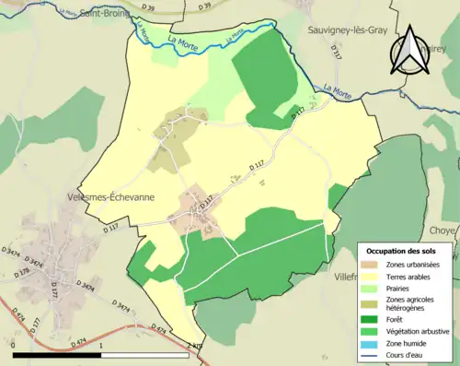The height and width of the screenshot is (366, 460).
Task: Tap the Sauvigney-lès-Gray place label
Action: pos(348,30)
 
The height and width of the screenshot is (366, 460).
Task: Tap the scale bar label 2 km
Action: pos(193,347)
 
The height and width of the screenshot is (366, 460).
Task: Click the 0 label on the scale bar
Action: pos(16,347)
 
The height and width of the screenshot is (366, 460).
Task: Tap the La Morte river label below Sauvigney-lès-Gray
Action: pos(338,90)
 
